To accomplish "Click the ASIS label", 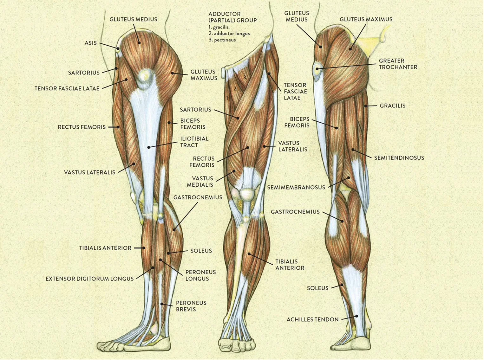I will point(90,43).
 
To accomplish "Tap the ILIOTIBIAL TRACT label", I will point(194,142).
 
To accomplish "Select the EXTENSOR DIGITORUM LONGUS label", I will point(89,279).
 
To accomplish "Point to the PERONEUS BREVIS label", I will point(191,306).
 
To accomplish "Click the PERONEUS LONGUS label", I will point(200,275).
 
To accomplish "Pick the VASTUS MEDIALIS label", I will point(200,182).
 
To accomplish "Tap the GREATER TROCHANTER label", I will point(398,64).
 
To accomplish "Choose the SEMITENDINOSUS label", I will point(399,158).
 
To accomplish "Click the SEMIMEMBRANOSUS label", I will point(296,188).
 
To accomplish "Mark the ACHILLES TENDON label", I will point(312,320).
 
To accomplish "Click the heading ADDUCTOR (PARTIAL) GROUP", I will point(232,17).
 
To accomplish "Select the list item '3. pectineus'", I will point(222,40).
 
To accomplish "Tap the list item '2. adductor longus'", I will point(229,34).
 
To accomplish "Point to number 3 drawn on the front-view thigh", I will point(245,77).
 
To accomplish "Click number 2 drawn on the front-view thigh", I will point(235,89).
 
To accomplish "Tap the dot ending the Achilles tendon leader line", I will point(357,316).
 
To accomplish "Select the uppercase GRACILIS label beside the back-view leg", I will point(392,106).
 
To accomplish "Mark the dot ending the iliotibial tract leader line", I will point(149,147).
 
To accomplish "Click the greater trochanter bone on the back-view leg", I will point(317,69).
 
